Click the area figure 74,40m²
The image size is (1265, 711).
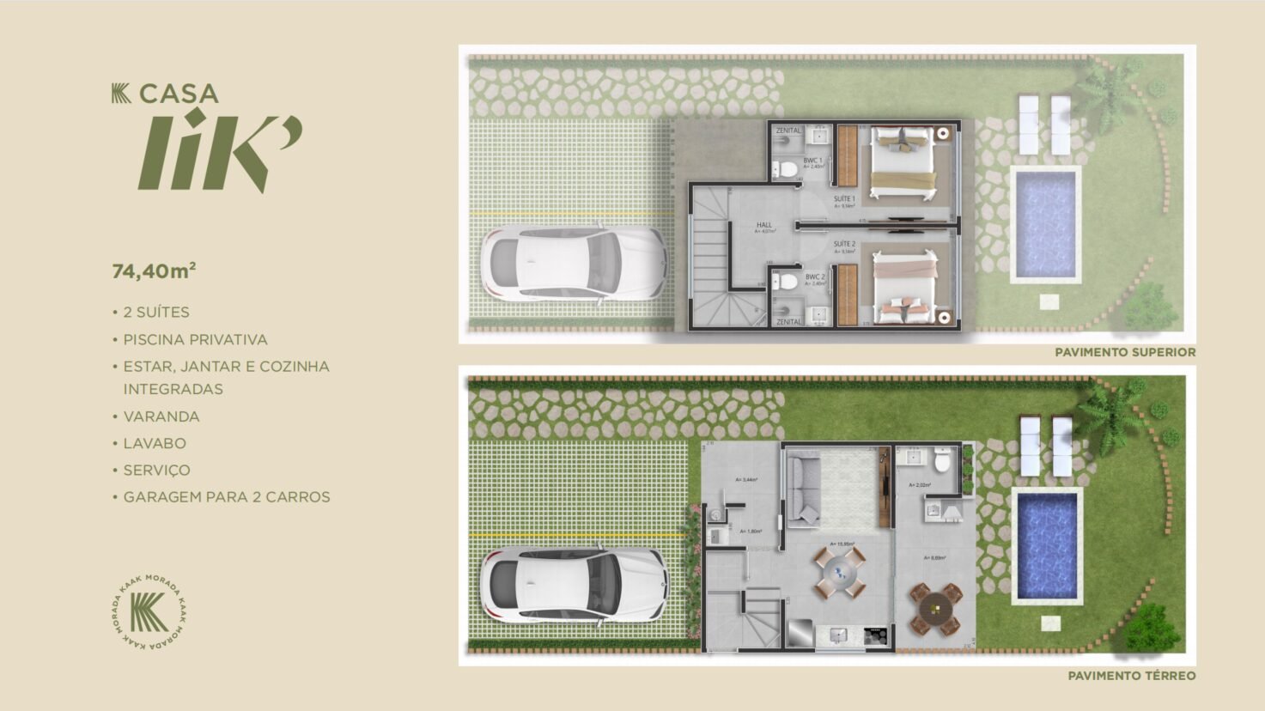[x=154, y=271]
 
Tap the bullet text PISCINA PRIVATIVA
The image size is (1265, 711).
[x=195, y=339]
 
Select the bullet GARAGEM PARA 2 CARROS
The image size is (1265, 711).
[x=226, y=496]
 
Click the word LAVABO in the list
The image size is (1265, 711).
[x=155, y=443]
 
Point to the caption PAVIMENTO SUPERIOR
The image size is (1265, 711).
[x=1125, y=352]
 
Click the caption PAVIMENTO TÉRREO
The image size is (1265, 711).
[x=1131, y=676]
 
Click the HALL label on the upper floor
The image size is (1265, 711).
[x=763, y=226]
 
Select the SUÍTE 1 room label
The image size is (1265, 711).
[x=844, y=199]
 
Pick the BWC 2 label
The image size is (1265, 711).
[x=814, y=277]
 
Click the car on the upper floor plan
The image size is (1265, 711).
[x=574, y=262]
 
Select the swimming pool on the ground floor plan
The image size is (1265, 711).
[x=1046, y=544]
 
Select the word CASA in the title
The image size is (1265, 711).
[x=179, y=94]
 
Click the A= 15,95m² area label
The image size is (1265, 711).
[x=842, y=544]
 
